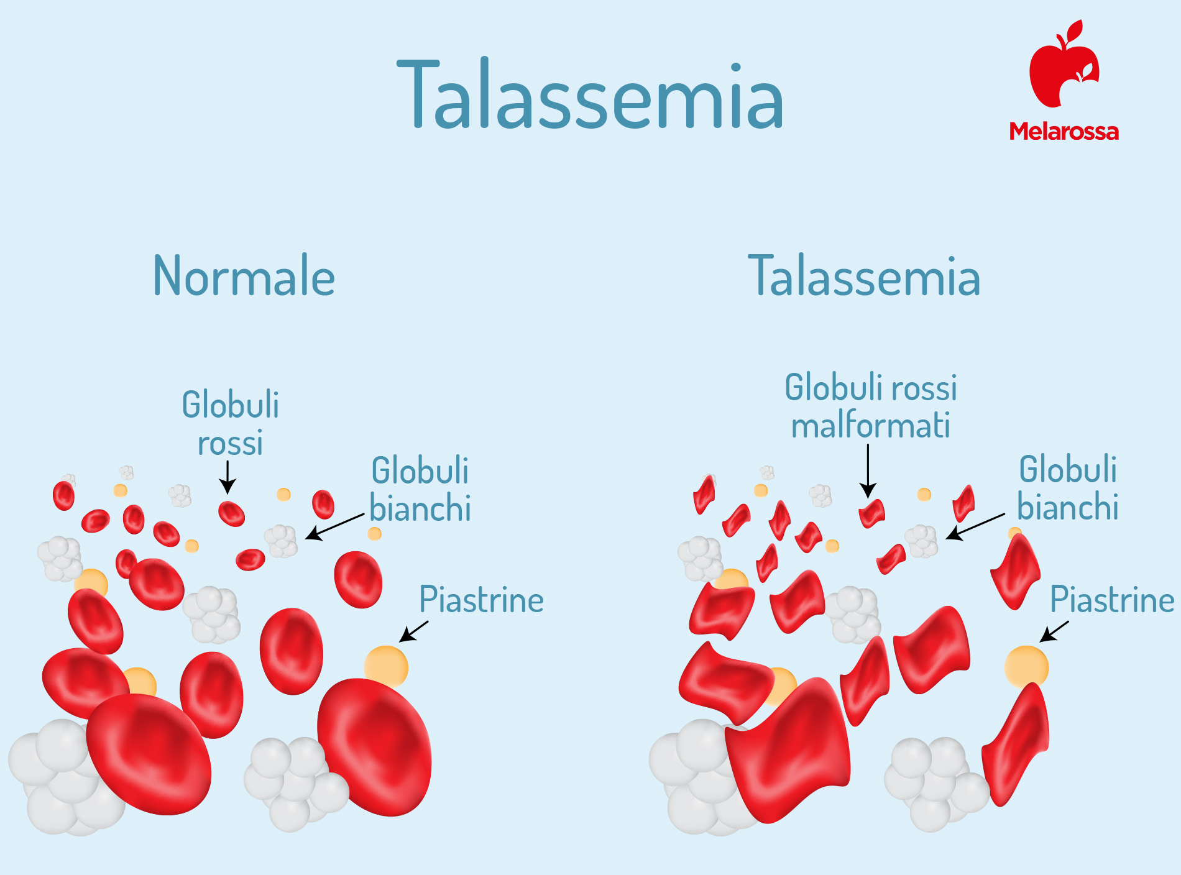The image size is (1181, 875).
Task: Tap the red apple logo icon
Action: (x=1064, y=63)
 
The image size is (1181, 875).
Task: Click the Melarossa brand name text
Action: (x=1064, y=131)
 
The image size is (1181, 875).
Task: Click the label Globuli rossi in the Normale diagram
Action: (x=231, y=423)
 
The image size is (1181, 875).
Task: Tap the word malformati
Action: (x=870, y=426)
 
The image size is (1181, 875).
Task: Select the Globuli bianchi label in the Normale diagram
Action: (x=420, y=489)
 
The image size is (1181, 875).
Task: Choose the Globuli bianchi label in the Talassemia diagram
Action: (x=1068, y=488)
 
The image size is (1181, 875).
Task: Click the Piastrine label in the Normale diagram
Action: (x=482, y=600)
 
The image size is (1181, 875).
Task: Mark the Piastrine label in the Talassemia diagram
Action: (x=1112, y=600)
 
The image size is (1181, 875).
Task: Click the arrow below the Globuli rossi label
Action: (x=227, y=477)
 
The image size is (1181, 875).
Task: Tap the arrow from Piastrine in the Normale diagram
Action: (x=413, y=631)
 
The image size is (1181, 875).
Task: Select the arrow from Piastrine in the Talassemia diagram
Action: (x=1054, y=631)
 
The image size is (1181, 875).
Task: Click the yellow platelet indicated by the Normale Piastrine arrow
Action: (x=386, y=666)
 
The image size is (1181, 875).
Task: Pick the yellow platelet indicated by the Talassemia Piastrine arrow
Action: (x=1027, y=666)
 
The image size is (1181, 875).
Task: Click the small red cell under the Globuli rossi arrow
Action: (x=231, y=513)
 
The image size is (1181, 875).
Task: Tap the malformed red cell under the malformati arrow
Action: (x=871, y=513)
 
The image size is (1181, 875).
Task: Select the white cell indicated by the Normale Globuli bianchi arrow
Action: (x=282, y=541)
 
